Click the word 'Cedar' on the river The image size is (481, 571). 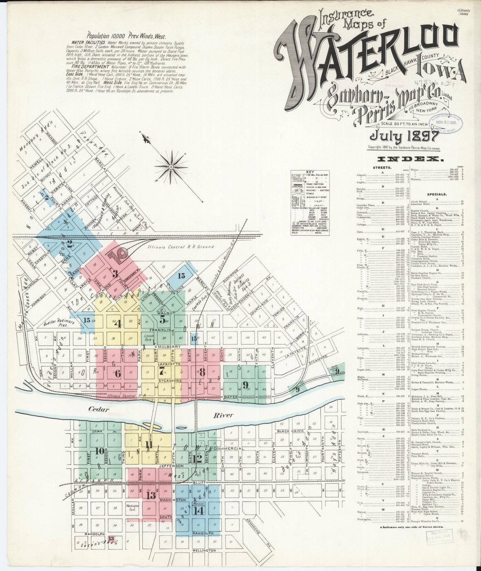[99, 409]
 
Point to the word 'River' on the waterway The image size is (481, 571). [223, 415]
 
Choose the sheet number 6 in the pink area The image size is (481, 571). [118, 373]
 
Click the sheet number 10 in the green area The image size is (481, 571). [99, 451]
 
